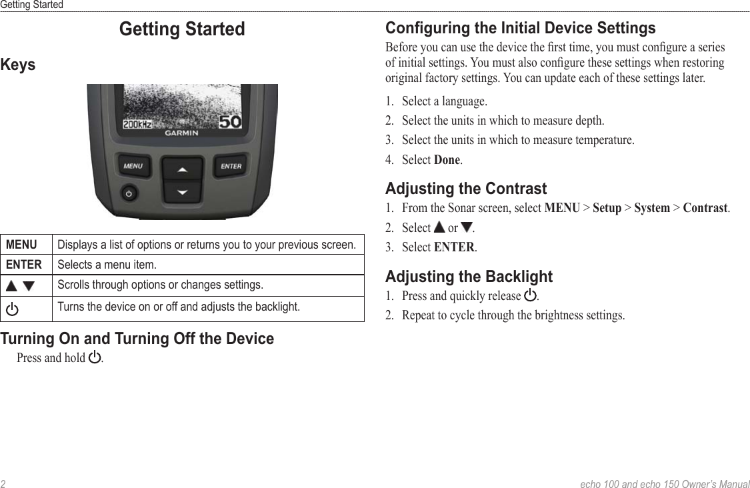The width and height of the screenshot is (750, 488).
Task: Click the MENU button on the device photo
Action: tap(133, 166)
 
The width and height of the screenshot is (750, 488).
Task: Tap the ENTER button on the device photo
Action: tap(231, 166)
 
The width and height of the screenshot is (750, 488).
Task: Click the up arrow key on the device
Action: tap(182, 169)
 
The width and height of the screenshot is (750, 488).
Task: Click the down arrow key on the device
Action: tap(182, 192)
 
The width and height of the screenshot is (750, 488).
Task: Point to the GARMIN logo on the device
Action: tap(182, 133)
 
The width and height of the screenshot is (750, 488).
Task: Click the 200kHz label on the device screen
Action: tap(138, 124)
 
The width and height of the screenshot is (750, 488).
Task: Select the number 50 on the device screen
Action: tap(230, 122)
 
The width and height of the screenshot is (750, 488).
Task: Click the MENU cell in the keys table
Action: tap(21, 244)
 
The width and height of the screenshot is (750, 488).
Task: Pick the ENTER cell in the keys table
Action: tap(24, 265)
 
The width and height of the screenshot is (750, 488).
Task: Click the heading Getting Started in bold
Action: tap(182, 29)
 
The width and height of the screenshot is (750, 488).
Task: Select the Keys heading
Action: tap(18, 65)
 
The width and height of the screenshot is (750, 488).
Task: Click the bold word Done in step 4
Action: tap(447, 160)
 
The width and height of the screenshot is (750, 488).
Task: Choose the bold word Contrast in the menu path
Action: tap(705, 208)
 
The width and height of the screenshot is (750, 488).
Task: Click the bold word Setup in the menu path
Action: tap(607, 208)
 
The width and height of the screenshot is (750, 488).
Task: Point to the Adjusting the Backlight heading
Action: tap(469, 276)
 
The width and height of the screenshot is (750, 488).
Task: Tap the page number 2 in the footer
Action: tap(3, 483)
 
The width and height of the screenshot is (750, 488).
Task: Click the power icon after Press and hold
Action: tap(95, 357)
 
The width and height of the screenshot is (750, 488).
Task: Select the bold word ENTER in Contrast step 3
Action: tap(454, 247)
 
